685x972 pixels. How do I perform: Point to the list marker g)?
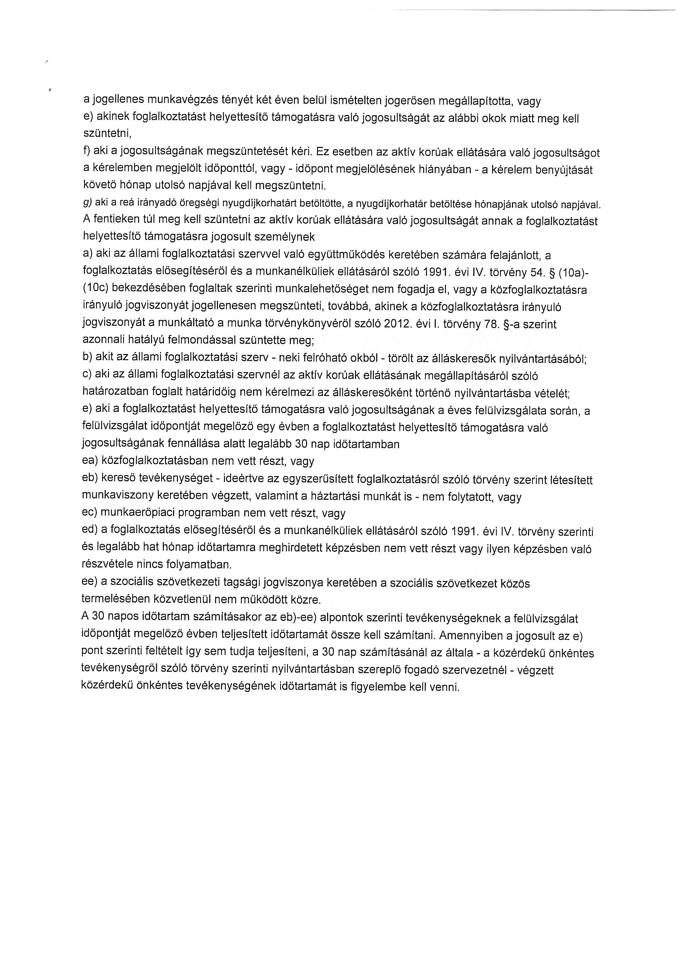pyautogui.click(x=87, y=204)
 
